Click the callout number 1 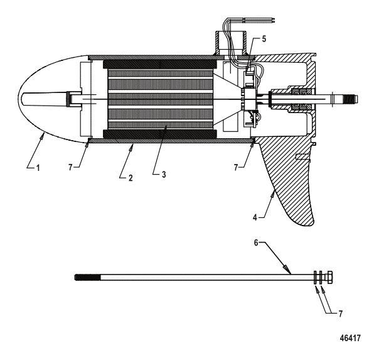coord(38,168)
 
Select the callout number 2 coord(131,178)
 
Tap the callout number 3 coord(164,174)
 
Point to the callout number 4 coord(255,217)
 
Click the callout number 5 coord(264,39)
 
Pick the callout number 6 coord(256,243)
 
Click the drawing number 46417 coord(350,338)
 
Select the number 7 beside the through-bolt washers coord(341,314)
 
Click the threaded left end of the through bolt coord(87,277)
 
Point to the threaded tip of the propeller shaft coord(351,99)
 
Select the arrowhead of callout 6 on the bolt coord(287,269)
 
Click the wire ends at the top coord(273,20)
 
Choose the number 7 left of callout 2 coord(70,167)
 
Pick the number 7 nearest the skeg coord(236,167)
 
